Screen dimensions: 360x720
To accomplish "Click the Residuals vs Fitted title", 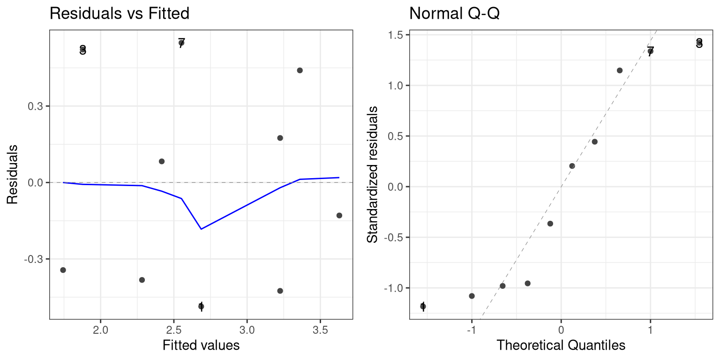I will (119, 14).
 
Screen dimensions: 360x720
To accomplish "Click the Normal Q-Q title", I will (454, 14).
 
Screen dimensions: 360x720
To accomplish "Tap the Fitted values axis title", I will (201, 345).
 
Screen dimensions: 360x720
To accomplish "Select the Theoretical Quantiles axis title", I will (561, 345).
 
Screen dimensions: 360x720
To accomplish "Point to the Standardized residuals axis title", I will (373, 174).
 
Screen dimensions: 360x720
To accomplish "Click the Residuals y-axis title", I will (13, 174).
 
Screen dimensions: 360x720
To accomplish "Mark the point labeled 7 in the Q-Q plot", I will (650, 51).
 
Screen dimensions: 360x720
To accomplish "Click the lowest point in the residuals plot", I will (201, 307).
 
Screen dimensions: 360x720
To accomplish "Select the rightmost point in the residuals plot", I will (339, 216).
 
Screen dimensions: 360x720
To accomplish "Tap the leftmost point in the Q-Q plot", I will (423, 307).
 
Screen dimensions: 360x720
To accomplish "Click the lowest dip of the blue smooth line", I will (201, 229).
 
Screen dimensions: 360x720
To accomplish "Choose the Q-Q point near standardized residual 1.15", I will (620, 70).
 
